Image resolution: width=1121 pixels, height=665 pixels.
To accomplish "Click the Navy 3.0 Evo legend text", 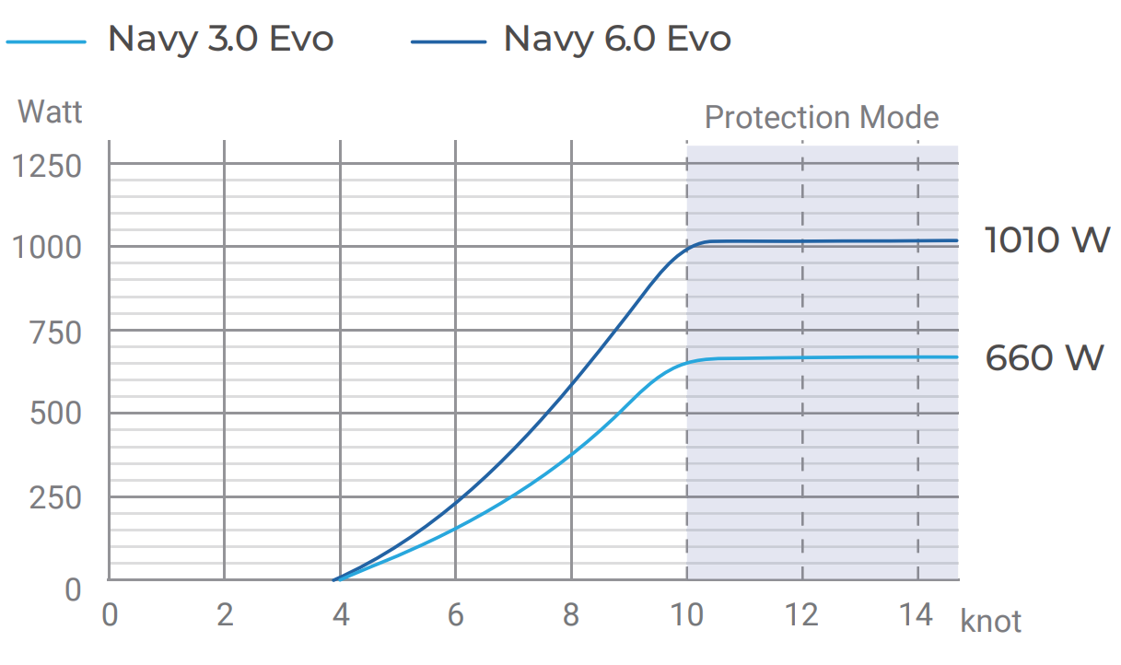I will [x=220, y=40].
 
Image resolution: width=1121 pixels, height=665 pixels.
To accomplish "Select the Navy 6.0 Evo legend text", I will [x=617, y=40].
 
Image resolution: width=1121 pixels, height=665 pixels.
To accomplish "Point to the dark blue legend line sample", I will [x=449, y=41].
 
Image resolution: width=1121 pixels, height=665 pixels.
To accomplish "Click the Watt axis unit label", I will [x=50, y=111].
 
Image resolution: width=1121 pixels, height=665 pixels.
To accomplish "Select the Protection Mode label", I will [x=821, y=118].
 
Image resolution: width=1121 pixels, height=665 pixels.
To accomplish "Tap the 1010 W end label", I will [x=1046, y=240].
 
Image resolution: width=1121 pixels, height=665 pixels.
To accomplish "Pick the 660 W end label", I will [x=1044, y=357].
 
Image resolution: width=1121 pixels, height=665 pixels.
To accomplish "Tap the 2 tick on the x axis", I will [x=225, y=615].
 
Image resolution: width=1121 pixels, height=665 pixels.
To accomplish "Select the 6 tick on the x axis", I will [x=456, y=615].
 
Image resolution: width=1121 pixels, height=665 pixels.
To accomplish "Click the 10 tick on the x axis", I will [x=685, y=615].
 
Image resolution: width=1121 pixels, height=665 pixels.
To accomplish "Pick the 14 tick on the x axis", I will [x=917, y=615].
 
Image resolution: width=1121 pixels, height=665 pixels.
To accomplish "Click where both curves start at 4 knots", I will [x=336, y=579].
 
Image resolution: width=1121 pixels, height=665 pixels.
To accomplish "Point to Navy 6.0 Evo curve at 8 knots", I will [x=571, y=385].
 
